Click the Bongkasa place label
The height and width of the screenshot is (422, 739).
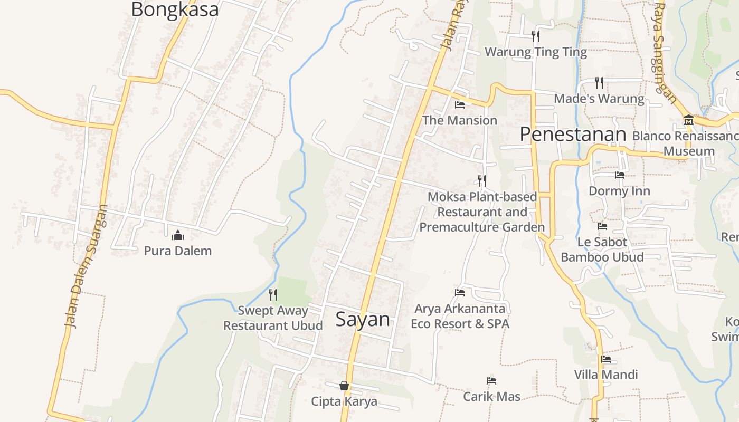pos(175,9)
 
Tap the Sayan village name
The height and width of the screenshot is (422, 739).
pos(363,319)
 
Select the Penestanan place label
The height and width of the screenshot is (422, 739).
pos(573,135)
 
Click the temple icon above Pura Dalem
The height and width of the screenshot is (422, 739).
pos(178,235)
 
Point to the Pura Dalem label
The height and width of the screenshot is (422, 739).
pos(178,251)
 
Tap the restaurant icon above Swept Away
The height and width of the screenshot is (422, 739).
pos(273,294)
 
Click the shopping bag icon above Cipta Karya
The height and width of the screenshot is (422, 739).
pos(344,386)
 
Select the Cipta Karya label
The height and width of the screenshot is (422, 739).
pos(344,401)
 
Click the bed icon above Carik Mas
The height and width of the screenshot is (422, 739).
pos(491,381)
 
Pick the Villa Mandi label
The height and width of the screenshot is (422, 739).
pos(606,375)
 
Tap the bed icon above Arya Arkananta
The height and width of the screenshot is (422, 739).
pos(460,293)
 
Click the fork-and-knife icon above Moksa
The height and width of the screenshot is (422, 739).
pos(482,181)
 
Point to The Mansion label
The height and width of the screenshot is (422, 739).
pos(460,120)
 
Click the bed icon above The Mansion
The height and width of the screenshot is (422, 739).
pos(460,105)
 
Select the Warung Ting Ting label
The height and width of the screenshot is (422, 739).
pos(536,52)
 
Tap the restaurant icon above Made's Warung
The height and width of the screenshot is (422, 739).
pos(599,83)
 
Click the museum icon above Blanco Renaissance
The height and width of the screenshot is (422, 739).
pos(688,120)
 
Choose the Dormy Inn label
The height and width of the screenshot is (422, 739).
pos(619,190)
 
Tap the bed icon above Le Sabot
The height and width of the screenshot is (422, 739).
pos(602,226)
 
